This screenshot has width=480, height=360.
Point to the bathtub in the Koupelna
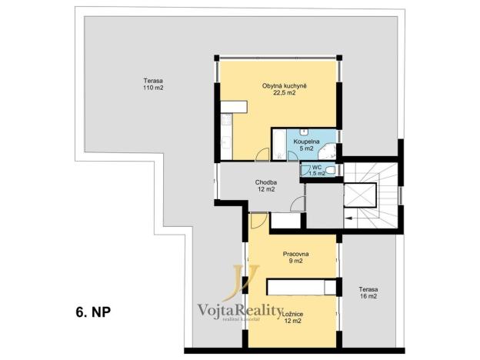point(278,144)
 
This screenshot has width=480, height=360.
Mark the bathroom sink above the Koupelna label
point(302,132)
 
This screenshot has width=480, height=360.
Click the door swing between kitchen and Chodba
point(261,154)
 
